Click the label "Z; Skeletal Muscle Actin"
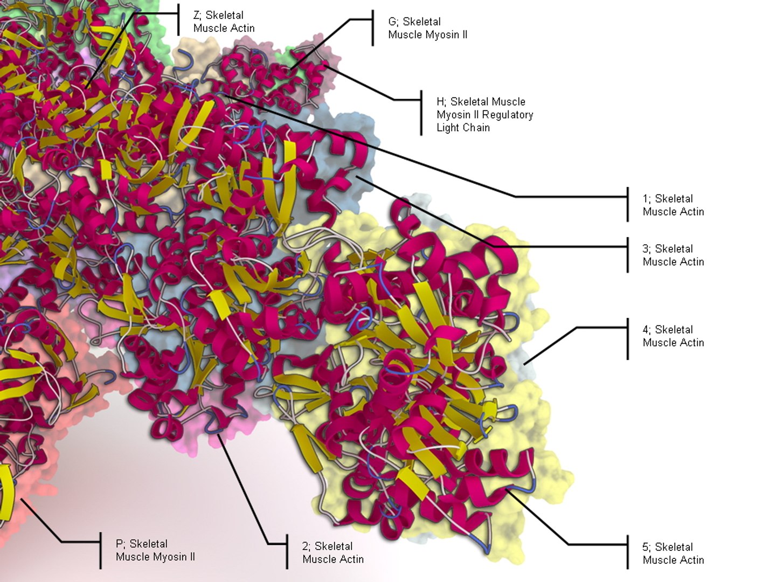(x=224, y=22)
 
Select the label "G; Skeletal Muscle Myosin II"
(x=427, y=28)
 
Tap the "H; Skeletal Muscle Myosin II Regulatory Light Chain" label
(x=484, y=114)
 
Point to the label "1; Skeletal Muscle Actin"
(x=673, y=205)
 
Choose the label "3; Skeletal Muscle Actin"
(x=673, y=255)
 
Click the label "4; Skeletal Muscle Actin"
(x=673, y=336)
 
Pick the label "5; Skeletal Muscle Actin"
(x=673, y=553)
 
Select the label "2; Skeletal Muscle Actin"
(x=332, y=552)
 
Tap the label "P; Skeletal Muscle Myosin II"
(x=155, y=550)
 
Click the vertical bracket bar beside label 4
(x=628, y=338)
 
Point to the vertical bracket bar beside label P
(x=101, y=550)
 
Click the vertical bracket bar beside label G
(x=372, y=27)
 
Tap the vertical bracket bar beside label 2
(x=287, y=551)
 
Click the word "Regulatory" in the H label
(x=508, y=114)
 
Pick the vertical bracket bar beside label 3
(x=628, y=254)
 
